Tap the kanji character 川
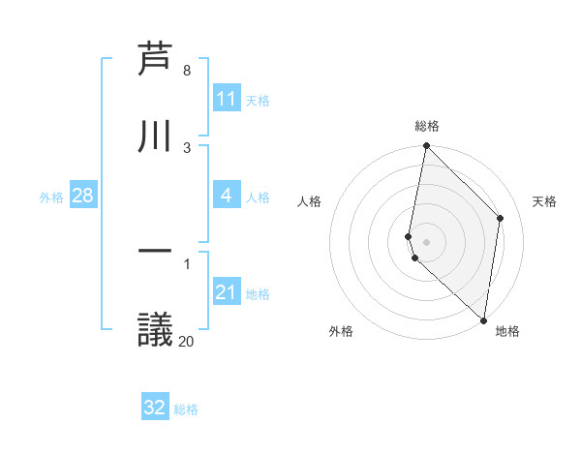click(x=155, y=136)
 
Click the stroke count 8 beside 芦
click(x=186, y=71)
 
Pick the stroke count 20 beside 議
click(x=186, y=341)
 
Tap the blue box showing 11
click(x=227, y=99)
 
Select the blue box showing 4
click(x=227, y=196)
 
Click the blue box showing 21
click(x=227, y=292)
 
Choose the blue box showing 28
click(x=82, y=196)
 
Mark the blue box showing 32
click(x=155, y=408)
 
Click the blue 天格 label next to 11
click(x=258, y=100)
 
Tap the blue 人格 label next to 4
click(x=258, y=197)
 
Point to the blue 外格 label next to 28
click(x=51, y=197)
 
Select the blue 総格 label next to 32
click(x=186, y=409)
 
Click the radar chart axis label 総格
click(x=427, y=126)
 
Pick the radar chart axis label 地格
click(x=507, y=331)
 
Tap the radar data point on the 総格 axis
click(x=426, y=146)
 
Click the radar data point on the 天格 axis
click(x=501, y=218)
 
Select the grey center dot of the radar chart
click(x=426, y=241)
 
